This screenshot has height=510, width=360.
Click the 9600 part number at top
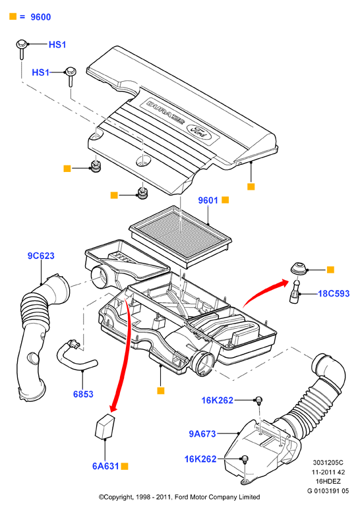pos(41,17)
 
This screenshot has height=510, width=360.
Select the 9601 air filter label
pos(208,200)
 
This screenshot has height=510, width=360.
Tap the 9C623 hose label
pos(41,256)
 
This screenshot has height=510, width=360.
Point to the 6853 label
pos(83,394)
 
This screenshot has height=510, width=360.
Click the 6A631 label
pos(105,466)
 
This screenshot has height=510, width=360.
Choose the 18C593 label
pos(334,294)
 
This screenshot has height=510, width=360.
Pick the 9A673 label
pos(202,434)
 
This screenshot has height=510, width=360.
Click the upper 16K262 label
pos(218,401)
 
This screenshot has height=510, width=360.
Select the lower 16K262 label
pos(200,459)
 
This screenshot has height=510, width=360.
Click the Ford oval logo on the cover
pos(198,132)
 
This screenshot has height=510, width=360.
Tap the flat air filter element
pos(180,236)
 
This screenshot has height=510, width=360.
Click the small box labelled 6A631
pos(104,426)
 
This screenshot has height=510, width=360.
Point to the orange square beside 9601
pos(225,200)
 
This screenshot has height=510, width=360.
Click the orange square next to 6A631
pos(125,467)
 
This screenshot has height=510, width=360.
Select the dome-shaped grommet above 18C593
pos(298,268)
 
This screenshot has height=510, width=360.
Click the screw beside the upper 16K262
pos(258,400)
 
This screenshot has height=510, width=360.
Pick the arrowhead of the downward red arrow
pos(113,408)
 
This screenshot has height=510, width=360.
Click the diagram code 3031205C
pos(328,463)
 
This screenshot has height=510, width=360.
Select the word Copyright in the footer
pos(119,497)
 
